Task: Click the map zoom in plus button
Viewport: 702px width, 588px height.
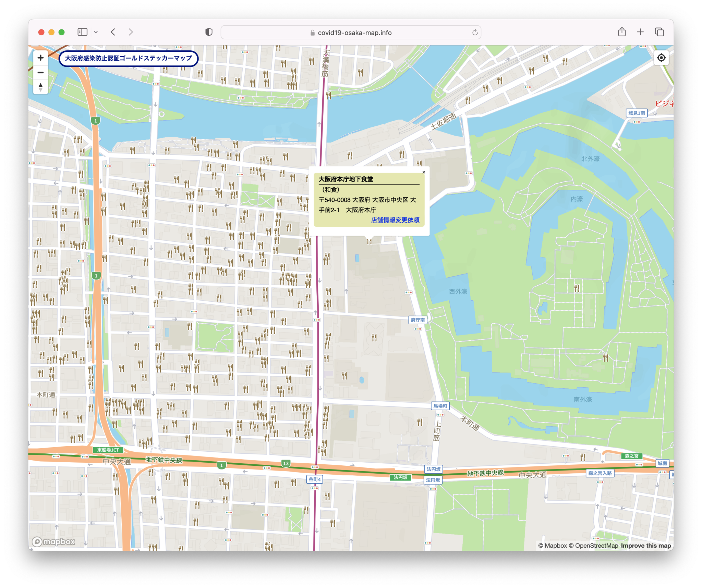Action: pos(40,58)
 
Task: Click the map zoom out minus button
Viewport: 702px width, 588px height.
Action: pos(40,73)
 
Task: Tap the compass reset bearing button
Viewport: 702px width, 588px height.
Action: pos(40,87)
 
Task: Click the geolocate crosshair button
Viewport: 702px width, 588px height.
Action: pos(661,58)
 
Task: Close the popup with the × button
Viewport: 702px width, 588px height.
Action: pos(424,172)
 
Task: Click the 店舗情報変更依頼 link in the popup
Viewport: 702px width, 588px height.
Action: pos(395,220)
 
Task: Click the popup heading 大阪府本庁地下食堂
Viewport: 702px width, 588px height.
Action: pos(346,179)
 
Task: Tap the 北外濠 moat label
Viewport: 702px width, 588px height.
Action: pos(590,159)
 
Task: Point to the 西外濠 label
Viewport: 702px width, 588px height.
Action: pos(458,291)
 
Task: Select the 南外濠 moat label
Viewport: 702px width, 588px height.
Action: pos(583,399)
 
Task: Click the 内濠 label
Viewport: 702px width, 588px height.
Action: pos(577,199)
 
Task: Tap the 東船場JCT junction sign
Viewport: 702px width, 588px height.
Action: pos(108,450)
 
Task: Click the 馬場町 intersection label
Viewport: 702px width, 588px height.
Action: pos(440,406)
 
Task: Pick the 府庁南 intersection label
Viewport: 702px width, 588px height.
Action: pos(417,320)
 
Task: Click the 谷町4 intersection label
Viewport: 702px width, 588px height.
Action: pos(314,479)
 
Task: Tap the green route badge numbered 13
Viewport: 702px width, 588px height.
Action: pos(286,463)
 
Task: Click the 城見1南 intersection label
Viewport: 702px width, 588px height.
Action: pos(637,113)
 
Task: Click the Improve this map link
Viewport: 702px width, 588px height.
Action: pos(646,546)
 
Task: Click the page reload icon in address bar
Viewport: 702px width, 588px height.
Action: pos(475,33)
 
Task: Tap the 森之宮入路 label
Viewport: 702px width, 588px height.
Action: pos(600,473)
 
